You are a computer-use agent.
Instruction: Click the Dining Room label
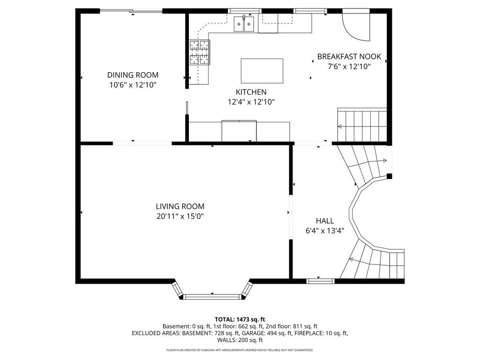point(133,75)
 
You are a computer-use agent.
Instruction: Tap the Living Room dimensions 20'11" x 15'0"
point(180,217)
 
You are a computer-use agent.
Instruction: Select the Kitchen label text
point(251,92)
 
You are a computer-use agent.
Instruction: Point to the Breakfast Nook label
point(349,57)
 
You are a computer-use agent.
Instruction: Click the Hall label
point(325,221)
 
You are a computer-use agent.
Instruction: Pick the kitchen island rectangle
point(262,71)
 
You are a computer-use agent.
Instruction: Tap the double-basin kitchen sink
point(244,23)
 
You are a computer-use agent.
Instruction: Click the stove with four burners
point(199,52)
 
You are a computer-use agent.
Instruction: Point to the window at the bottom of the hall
point(321,281)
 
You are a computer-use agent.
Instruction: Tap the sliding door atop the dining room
point(132,11)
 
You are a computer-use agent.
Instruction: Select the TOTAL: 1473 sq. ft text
point(240,319)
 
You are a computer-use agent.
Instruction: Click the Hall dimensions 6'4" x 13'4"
point(325,231)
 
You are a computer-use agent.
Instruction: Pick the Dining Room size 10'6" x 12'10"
point(133,85)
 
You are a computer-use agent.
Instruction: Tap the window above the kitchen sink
point(245,10)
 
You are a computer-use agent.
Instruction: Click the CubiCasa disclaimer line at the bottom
point(240,350)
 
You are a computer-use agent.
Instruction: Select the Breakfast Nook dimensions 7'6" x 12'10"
point(349,67)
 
